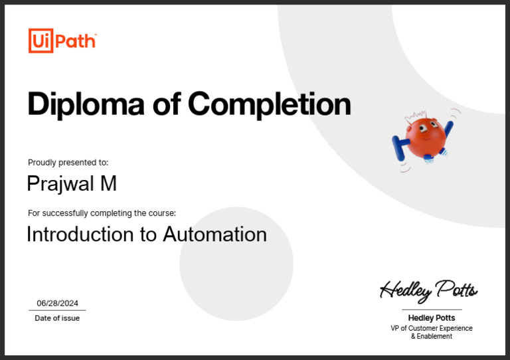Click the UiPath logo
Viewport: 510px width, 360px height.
tap(62, 41)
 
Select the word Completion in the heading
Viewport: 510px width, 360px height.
tap(269, 104)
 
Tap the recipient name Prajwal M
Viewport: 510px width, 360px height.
tap(72, 183)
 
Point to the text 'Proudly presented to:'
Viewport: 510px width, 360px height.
tap(68, 162)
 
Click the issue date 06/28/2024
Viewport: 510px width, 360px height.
tap(57, 303)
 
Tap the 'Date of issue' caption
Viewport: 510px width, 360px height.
tap(57, 318)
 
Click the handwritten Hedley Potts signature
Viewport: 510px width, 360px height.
tap(428, 290)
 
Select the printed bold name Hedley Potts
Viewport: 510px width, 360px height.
tap(432, 318)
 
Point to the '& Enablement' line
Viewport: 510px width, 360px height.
tap(432, 337)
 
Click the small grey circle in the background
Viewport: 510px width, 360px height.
tap(236, 264)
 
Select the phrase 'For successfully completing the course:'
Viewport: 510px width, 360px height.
tap(102, 213)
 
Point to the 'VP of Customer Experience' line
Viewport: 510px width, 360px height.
tap(432, 328)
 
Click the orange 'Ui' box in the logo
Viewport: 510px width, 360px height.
tap(40, 41)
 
